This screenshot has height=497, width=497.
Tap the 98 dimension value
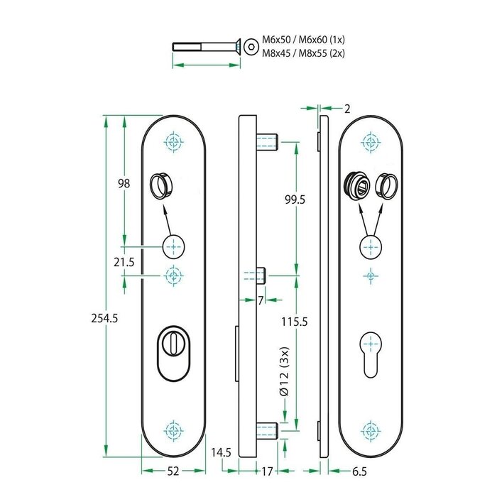coord(124,183)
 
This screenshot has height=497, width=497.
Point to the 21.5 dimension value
coord(124,262)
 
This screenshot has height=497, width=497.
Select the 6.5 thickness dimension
coord(359,471)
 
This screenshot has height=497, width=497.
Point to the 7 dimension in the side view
coord(261,300)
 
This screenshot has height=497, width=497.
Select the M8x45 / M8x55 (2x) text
coord(303,53)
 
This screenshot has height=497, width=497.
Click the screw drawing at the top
coord(206,47)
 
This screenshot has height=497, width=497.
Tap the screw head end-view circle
coord(251,47)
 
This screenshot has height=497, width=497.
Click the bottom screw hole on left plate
coord(173,429)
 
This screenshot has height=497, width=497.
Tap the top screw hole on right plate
coord(369,141)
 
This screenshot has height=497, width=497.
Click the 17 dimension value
coord(268,471)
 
